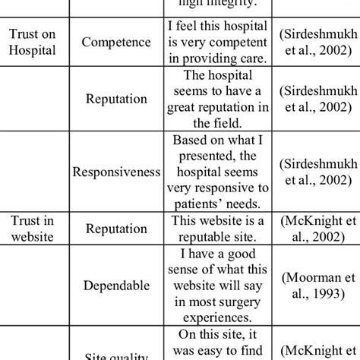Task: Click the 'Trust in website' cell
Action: (x=31, y=229)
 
